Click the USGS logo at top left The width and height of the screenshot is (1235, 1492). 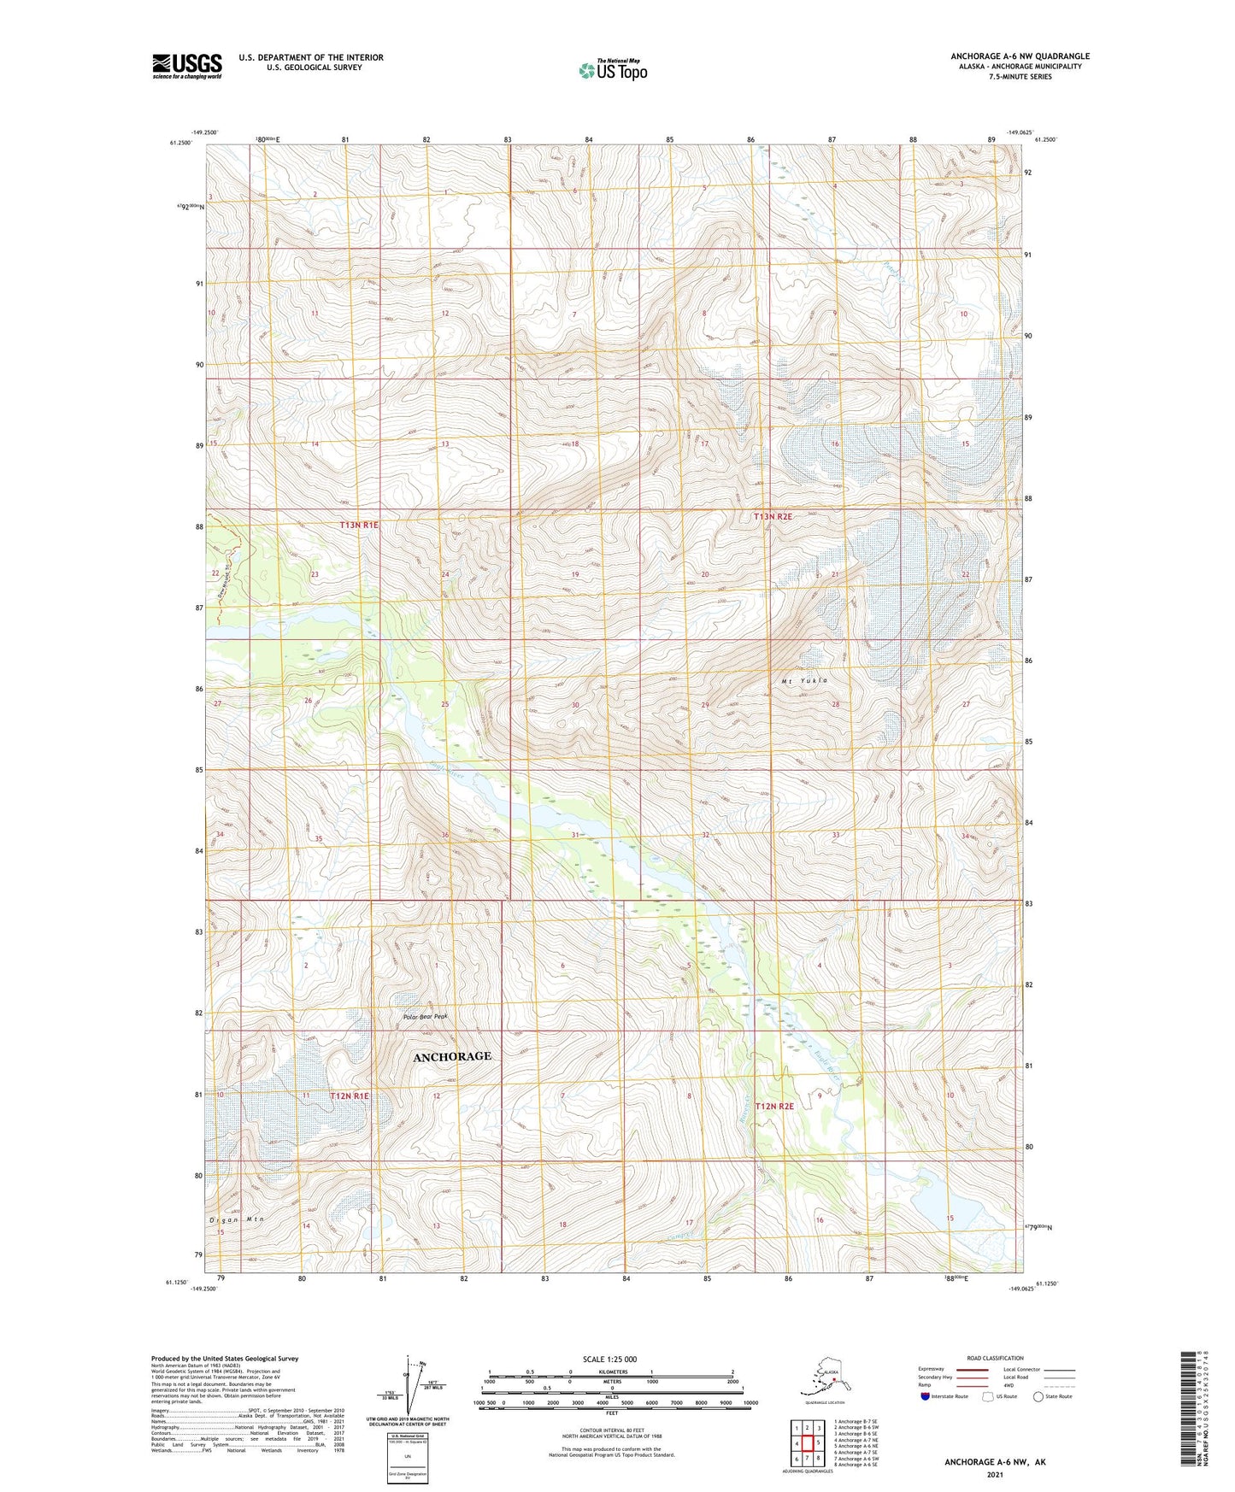pyautogui.click(x=187, y=66)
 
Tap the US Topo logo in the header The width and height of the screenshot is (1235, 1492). pyautogui.click(x=612, y=69)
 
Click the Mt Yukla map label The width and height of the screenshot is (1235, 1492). pyautogui.click(x=804, y=680)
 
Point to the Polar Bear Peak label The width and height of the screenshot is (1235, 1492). pyautogui.click(x=425, y=1017)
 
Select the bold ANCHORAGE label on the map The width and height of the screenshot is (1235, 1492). pyautogui.click(x=452, y=1056)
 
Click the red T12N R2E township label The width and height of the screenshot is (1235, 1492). pyautogui.click(x=774, y=1106)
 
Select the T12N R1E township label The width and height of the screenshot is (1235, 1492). pyautogui.click(x=350, y=1095)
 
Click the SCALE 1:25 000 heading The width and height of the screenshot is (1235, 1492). pyautogui.click(x=609, y=1359)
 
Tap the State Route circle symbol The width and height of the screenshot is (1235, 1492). pyautogui.click(x=1038, y=1396)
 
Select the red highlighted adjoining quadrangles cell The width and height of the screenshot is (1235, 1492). pyautogui.click(x=807, y=1443)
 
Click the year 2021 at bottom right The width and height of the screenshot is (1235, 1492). pyautogui.click(x=995, y=1474)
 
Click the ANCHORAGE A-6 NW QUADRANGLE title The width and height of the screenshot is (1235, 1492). pyautogui.click(x=1020, y=56)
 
